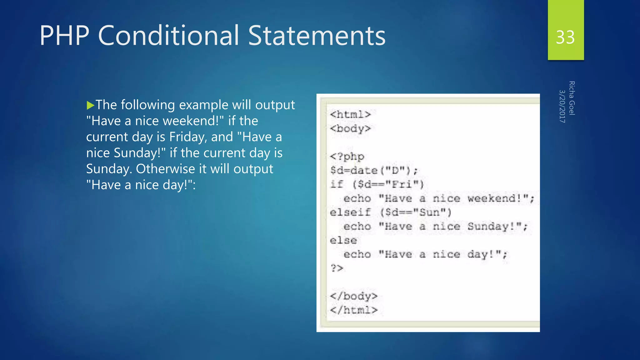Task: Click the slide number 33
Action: click(565, 37)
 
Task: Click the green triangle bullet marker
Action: click(90, 105)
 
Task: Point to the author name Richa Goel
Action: click(572, 98)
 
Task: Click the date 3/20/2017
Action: click(562, 106)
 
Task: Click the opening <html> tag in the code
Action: click(350, 114)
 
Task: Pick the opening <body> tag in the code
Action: click(350, 128)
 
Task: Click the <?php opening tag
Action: click(347, 156)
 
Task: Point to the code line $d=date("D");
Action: click(374, 170)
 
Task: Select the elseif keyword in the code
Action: click(350, 212)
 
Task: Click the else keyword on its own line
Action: click(343, 240)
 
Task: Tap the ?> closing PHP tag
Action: click(337, 268)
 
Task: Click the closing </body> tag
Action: click(353, 296)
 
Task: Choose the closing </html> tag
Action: click(353, 310)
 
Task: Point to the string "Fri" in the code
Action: click(402, 184)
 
